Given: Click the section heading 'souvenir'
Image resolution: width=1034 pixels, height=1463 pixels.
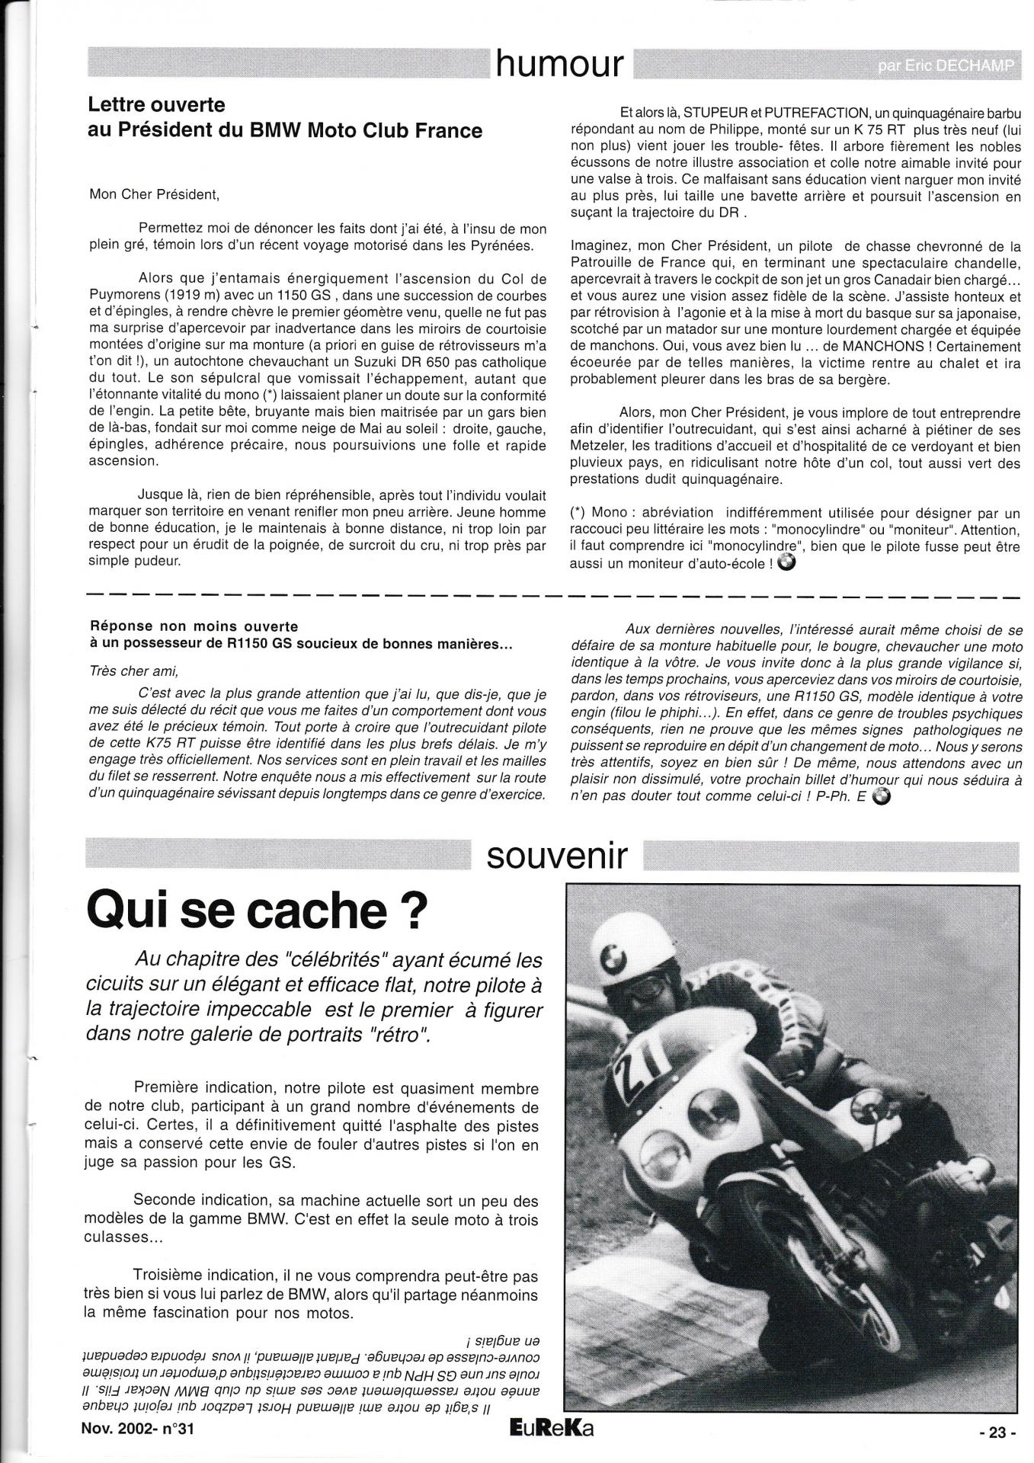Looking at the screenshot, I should coord(557,856).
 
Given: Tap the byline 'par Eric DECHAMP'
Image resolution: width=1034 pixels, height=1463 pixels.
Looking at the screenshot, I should coord(946,66).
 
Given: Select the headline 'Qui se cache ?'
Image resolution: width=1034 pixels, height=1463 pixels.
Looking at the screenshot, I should coord(254,909).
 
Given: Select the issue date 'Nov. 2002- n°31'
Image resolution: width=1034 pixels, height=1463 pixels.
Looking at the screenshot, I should coord(137,1429).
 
